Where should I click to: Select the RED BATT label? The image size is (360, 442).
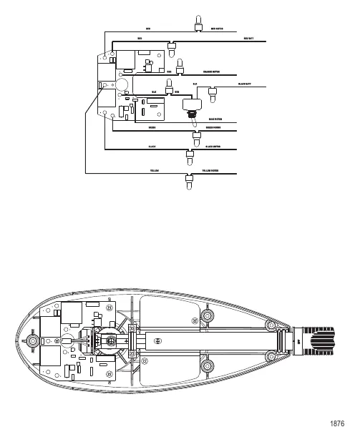[x=249, y=38]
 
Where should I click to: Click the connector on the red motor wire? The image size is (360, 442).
[x=195, y=24]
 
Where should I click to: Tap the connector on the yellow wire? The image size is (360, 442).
[x=190, y=181]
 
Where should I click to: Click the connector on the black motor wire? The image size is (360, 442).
[x=190, y=155]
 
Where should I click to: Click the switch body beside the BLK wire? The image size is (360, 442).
[x=190, y=105]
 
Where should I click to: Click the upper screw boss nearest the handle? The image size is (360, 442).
[x=272, y=325]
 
